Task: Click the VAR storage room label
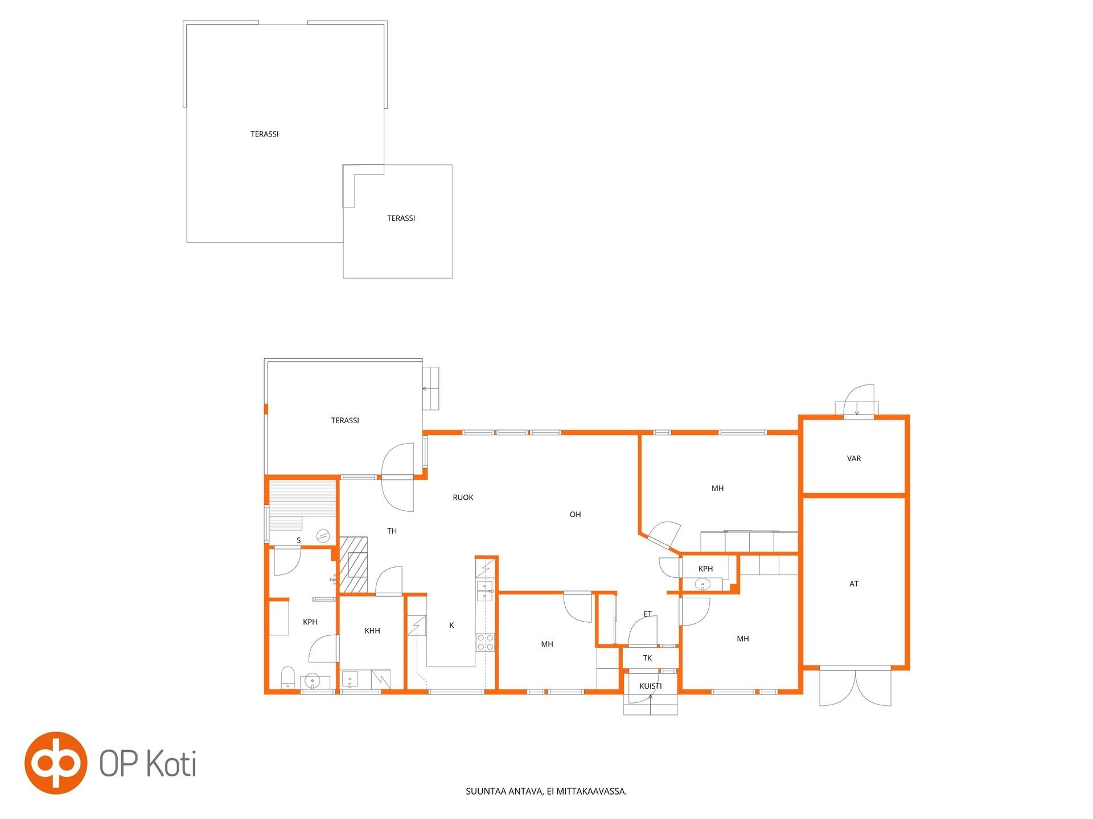click(853, 458)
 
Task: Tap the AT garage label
click(853, 584)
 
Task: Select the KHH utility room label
click(372, 631)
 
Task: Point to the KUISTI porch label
click(650, 686)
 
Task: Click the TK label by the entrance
click(647, 658)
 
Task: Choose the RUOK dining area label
click(463, 498)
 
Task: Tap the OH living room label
click(575, 515)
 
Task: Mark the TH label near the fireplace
click(392, 531)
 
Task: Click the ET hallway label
click(647, 614)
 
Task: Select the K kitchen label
click(451, 626)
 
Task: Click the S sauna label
click(298, 540)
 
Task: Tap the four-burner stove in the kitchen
click(485, 642)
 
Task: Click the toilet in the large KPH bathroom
click(287, 677)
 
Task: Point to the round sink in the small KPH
click(702, 584)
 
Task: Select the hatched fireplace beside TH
click(354, 565)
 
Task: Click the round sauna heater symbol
click(323, 536)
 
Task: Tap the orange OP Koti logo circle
click(56, 763)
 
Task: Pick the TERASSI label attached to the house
click(345, 421)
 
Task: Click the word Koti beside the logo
click(172, 763)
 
